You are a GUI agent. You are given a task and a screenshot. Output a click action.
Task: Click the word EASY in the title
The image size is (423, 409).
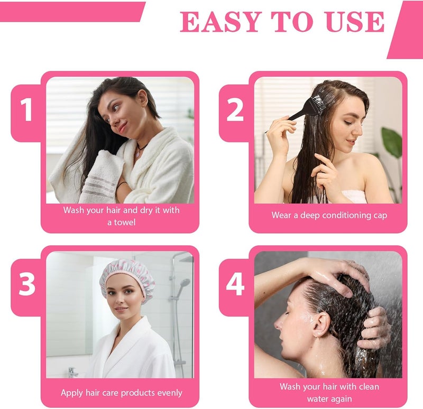pos(220,22)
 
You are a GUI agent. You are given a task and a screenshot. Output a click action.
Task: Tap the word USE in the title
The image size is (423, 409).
pos(355,22)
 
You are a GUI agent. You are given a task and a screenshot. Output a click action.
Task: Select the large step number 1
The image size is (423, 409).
pos(26,110)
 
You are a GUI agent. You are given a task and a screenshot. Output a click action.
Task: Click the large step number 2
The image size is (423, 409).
pos(235,110)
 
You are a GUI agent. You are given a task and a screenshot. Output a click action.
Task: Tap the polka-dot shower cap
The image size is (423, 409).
pos(127,277)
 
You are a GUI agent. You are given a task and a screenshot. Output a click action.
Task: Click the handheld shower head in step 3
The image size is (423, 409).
pos(183,286)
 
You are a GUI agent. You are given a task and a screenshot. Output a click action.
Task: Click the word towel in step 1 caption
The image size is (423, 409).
pos(125,222)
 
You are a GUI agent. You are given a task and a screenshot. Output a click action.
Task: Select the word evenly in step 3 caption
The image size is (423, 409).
pos(170,393)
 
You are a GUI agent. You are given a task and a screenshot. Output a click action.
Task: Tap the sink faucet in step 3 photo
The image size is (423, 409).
pos(72,372)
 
